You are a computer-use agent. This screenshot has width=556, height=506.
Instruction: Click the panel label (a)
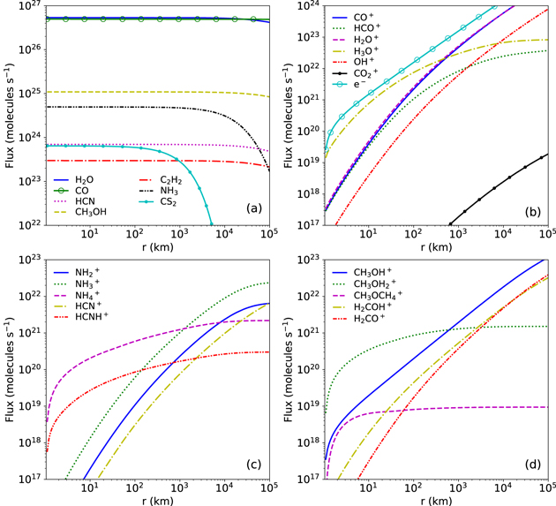point(253,210)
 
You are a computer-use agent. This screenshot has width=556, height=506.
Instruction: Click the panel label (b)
point(532,210)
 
